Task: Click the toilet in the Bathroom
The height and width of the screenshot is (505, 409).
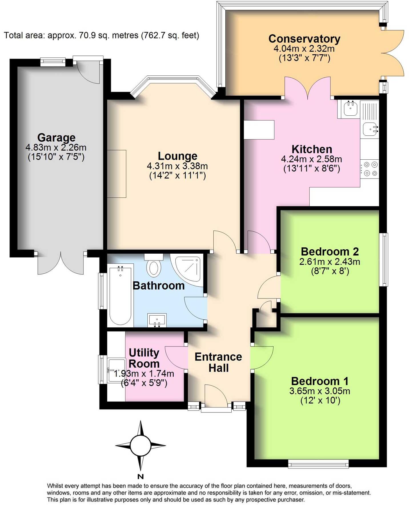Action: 154,266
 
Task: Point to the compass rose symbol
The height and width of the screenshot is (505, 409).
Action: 140,445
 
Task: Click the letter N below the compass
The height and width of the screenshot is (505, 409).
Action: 140,476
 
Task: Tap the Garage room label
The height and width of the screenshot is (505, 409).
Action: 56,138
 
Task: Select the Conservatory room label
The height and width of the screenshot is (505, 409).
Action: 304,39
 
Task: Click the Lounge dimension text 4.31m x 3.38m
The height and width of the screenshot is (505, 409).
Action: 177,166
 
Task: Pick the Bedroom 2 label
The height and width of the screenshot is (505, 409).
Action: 330,252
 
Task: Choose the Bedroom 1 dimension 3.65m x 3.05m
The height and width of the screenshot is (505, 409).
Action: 320,391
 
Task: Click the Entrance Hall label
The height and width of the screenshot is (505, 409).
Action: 218,362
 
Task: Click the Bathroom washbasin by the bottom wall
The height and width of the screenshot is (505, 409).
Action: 157,320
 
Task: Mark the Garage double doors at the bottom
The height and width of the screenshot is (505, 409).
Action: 61,263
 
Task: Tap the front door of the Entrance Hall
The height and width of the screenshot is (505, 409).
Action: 216,397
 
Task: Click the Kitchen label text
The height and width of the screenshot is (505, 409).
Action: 312,149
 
